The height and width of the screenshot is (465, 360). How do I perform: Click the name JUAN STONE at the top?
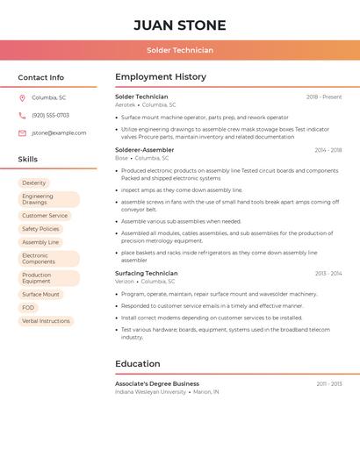tap(180, 25)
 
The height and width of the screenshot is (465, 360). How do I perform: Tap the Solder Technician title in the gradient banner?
tap(180, 50)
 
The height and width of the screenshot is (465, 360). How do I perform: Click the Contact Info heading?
tap(40, 77)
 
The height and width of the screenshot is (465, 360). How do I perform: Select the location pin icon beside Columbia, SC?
tap(22, 97)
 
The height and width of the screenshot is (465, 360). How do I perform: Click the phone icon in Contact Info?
tap(22, 115)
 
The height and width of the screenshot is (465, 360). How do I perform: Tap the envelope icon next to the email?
tap(22, 132)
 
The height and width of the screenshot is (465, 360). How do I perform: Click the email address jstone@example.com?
tap(59, 132)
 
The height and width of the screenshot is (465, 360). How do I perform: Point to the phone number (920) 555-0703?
tap(50, 115)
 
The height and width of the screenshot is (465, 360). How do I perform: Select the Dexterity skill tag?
tap(34, 183)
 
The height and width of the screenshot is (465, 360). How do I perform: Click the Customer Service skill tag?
tap(45, 215)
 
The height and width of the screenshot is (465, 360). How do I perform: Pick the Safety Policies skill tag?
tap(40, 229)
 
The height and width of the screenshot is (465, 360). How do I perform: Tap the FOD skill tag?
tap(28, 308)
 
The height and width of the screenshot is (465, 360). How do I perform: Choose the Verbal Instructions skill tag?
tap(46, 321)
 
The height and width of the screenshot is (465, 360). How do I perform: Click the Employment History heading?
tap(161, 77)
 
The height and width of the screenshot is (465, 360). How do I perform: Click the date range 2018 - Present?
tap(324, 97)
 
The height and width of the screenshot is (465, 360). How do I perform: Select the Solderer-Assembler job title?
tap(144, 150)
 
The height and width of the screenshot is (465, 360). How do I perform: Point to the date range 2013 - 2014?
tap(328, 274)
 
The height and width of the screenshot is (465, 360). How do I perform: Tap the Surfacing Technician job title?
tap(146, 274)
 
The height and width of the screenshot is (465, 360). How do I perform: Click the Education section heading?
tap(138, 363)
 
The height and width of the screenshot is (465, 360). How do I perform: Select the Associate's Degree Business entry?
tap(157, 383)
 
